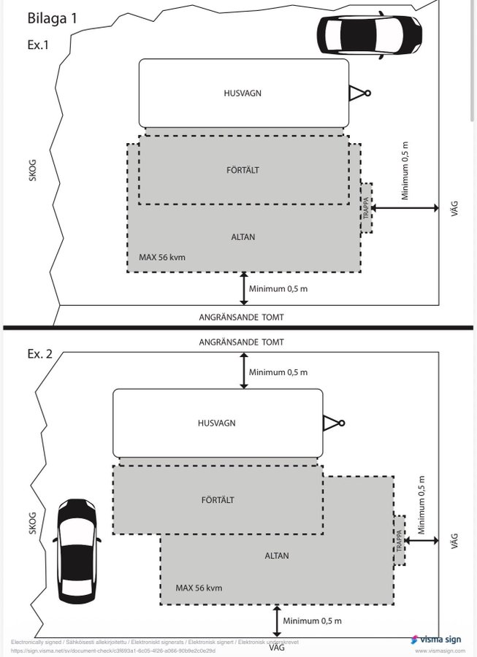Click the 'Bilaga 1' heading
click(53, 18)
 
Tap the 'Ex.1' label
click(39, 44)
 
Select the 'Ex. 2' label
click(41, 354)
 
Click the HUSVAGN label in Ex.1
click(243, 93)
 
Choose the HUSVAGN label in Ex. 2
click(217, 423)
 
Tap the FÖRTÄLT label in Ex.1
click(243, 170)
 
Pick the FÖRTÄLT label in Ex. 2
click(218, 500)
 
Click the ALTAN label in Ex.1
click(243, 237)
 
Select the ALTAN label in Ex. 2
click(277, 556)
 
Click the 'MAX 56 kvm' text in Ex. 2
click(199, 588)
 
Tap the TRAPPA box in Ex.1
click(365, 208)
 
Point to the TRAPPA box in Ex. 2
click(400, 540)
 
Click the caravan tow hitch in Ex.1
click(359, 93)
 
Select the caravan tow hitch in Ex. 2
click(332, 422)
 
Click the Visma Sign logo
click(436, 639)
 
